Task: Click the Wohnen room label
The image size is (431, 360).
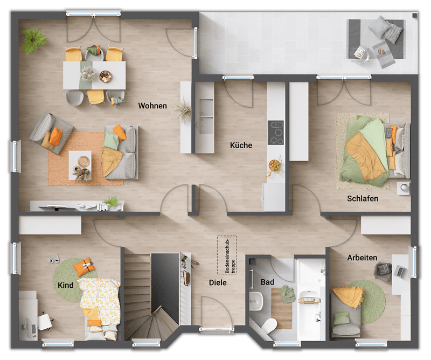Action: [152, 106]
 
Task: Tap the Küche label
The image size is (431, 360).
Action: [241, 145]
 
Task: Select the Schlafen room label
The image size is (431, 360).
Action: [363, 198]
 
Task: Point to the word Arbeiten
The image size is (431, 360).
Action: [362, 258]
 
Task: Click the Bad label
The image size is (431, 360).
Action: [267, 282]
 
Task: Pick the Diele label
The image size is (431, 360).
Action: [218, 282]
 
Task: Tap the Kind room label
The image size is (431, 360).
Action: [66, 285]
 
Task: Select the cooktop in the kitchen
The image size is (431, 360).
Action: [276, 133]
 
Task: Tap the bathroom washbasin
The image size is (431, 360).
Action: [256, 301]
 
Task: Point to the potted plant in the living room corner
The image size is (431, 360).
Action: [33, 40]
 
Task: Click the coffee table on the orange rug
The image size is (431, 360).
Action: [80, 165]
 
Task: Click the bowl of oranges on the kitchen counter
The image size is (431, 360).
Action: [275, 165]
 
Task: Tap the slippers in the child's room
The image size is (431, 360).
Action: [53, 259]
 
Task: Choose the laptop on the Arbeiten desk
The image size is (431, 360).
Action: [399, 271]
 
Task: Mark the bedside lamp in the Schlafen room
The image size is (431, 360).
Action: [404, 188]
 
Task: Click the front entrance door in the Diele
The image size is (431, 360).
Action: [217, 329]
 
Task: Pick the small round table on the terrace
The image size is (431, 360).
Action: [360, 54]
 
